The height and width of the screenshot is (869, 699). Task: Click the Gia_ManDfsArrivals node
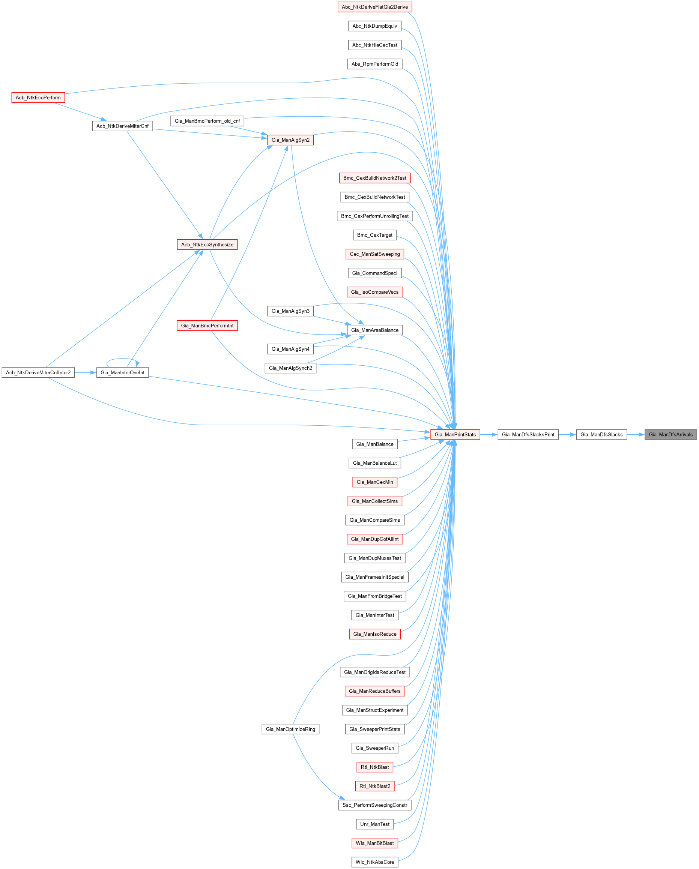pos(670,434)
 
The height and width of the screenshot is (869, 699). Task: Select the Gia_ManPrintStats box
pos(455,434)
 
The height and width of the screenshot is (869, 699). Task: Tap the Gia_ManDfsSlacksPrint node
pos(528,434)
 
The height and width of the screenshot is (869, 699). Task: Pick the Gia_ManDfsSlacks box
pos(601,434)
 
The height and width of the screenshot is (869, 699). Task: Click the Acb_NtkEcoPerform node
pos(38,98)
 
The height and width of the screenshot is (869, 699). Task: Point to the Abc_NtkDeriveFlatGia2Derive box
pos(374,7)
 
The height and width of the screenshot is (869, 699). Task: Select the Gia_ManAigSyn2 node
pos(290,140)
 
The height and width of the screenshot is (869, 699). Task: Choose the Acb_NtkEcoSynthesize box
pos(207,245)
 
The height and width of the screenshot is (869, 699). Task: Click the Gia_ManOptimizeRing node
pos(290,729)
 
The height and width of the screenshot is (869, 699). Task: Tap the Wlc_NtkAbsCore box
pos(374,862)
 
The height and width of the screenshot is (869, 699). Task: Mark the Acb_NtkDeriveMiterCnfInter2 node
pos(38,372)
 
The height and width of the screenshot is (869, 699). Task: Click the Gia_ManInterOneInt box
pos(122,372)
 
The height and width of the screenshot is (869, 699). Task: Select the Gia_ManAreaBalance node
pos(374,330)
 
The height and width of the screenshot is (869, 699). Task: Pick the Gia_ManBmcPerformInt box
pos(207,326)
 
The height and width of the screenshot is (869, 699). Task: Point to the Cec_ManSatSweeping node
pos(374,254)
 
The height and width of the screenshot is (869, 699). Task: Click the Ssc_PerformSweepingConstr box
pos(374,805)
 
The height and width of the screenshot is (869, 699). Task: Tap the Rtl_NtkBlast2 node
pos(374,786)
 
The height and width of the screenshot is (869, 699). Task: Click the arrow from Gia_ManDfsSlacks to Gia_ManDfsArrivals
pos(636,434)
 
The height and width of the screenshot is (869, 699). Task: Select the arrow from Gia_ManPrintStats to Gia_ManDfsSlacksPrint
pos(489,434)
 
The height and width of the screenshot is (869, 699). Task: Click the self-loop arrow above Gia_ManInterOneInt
pos(122,359)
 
